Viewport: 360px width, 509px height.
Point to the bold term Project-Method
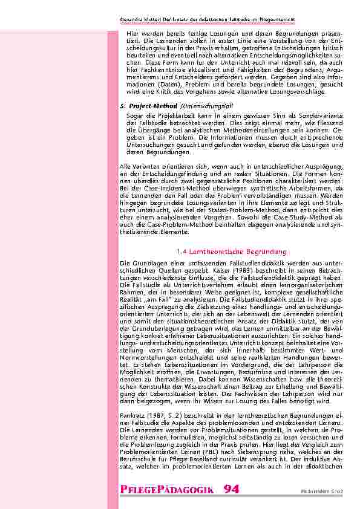(x=149, y=106)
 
